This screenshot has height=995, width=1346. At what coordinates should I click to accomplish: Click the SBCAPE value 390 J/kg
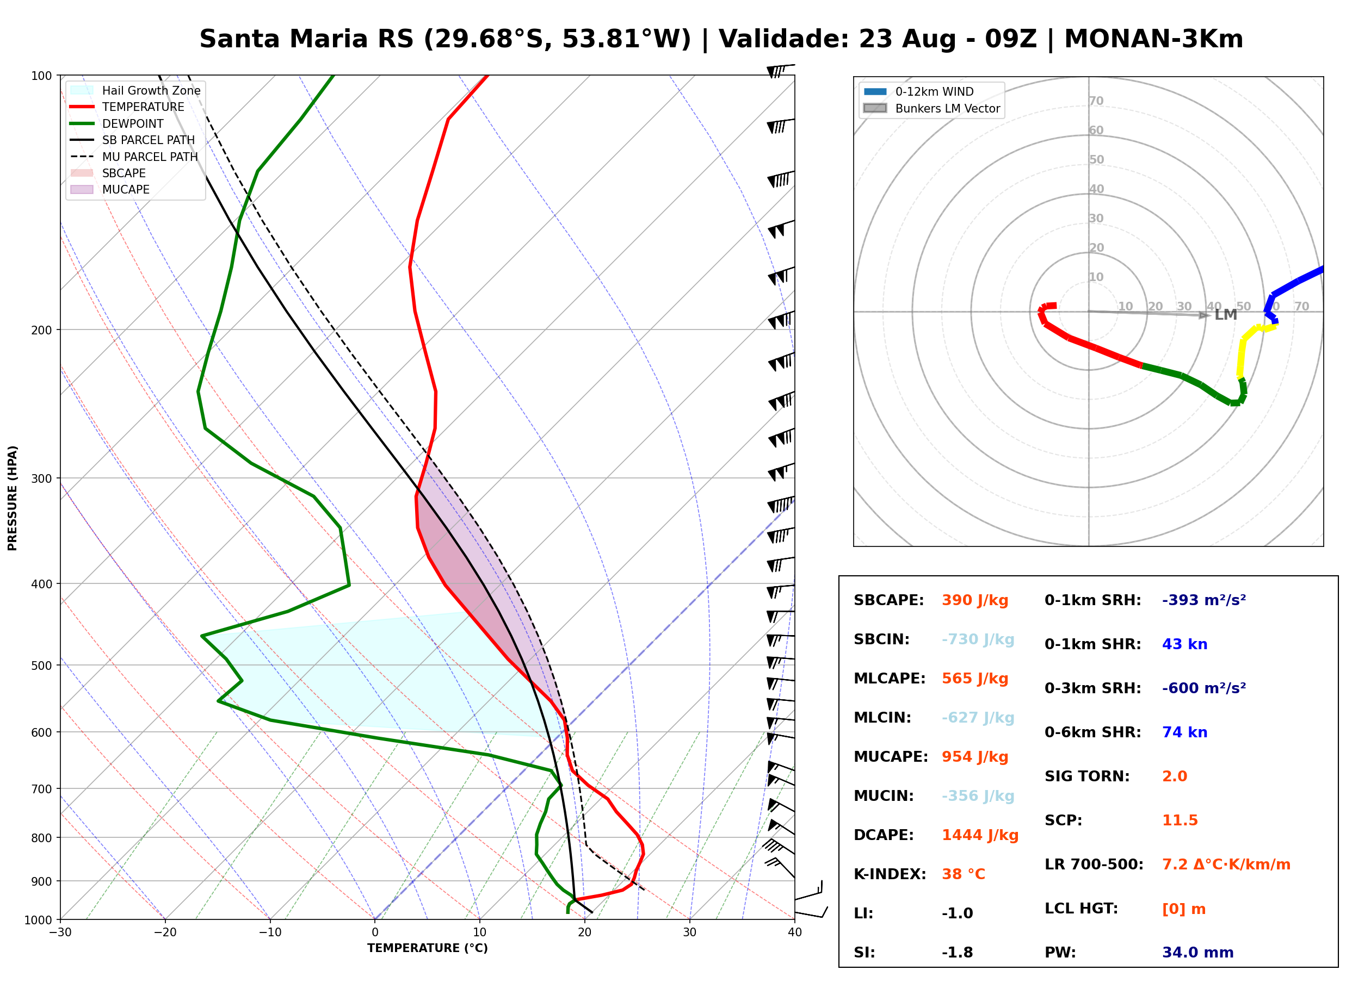tap(975, 600)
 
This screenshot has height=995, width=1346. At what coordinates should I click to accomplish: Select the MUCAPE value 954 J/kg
tap(975, 757)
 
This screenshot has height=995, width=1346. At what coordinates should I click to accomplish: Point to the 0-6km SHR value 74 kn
tap(1184, 732)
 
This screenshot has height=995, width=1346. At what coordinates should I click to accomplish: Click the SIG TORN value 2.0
tap(1174, 776)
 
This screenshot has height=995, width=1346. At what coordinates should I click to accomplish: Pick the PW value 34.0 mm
tap(1198, 953)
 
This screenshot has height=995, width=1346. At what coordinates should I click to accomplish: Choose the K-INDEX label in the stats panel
tap(890, 874)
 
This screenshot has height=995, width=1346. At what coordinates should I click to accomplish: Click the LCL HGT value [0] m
tap(1184, 909)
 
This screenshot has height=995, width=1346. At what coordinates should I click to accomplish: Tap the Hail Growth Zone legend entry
tap(135, 90)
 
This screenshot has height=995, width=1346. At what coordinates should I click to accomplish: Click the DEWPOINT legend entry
tap(117, 123)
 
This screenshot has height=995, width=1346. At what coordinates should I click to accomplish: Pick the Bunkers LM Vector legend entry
tap(931, 108)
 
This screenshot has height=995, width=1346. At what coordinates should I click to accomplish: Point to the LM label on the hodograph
tap(1226, 315)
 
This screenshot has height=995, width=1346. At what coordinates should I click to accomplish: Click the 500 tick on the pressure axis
tap(41, 666)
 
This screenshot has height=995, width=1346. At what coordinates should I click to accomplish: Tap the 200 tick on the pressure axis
tap(41, 330)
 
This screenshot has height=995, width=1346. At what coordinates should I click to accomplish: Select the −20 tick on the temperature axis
tap(164, 932)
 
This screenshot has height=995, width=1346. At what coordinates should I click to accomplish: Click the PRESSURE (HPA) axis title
tap(13, 498)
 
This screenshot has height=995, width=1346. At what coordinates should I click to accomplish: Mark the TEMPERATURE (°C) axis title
tap(428, 948)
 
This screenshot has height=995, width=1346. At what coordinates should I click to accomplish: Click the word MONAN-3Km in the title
tap(1153, 39)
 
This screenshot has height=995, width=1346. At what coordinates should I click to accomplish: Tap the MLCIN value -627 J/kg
tap(978, 718)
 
